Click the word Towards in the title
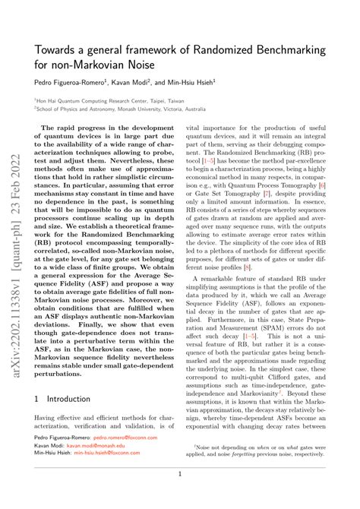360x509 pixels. coord(57,51)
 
